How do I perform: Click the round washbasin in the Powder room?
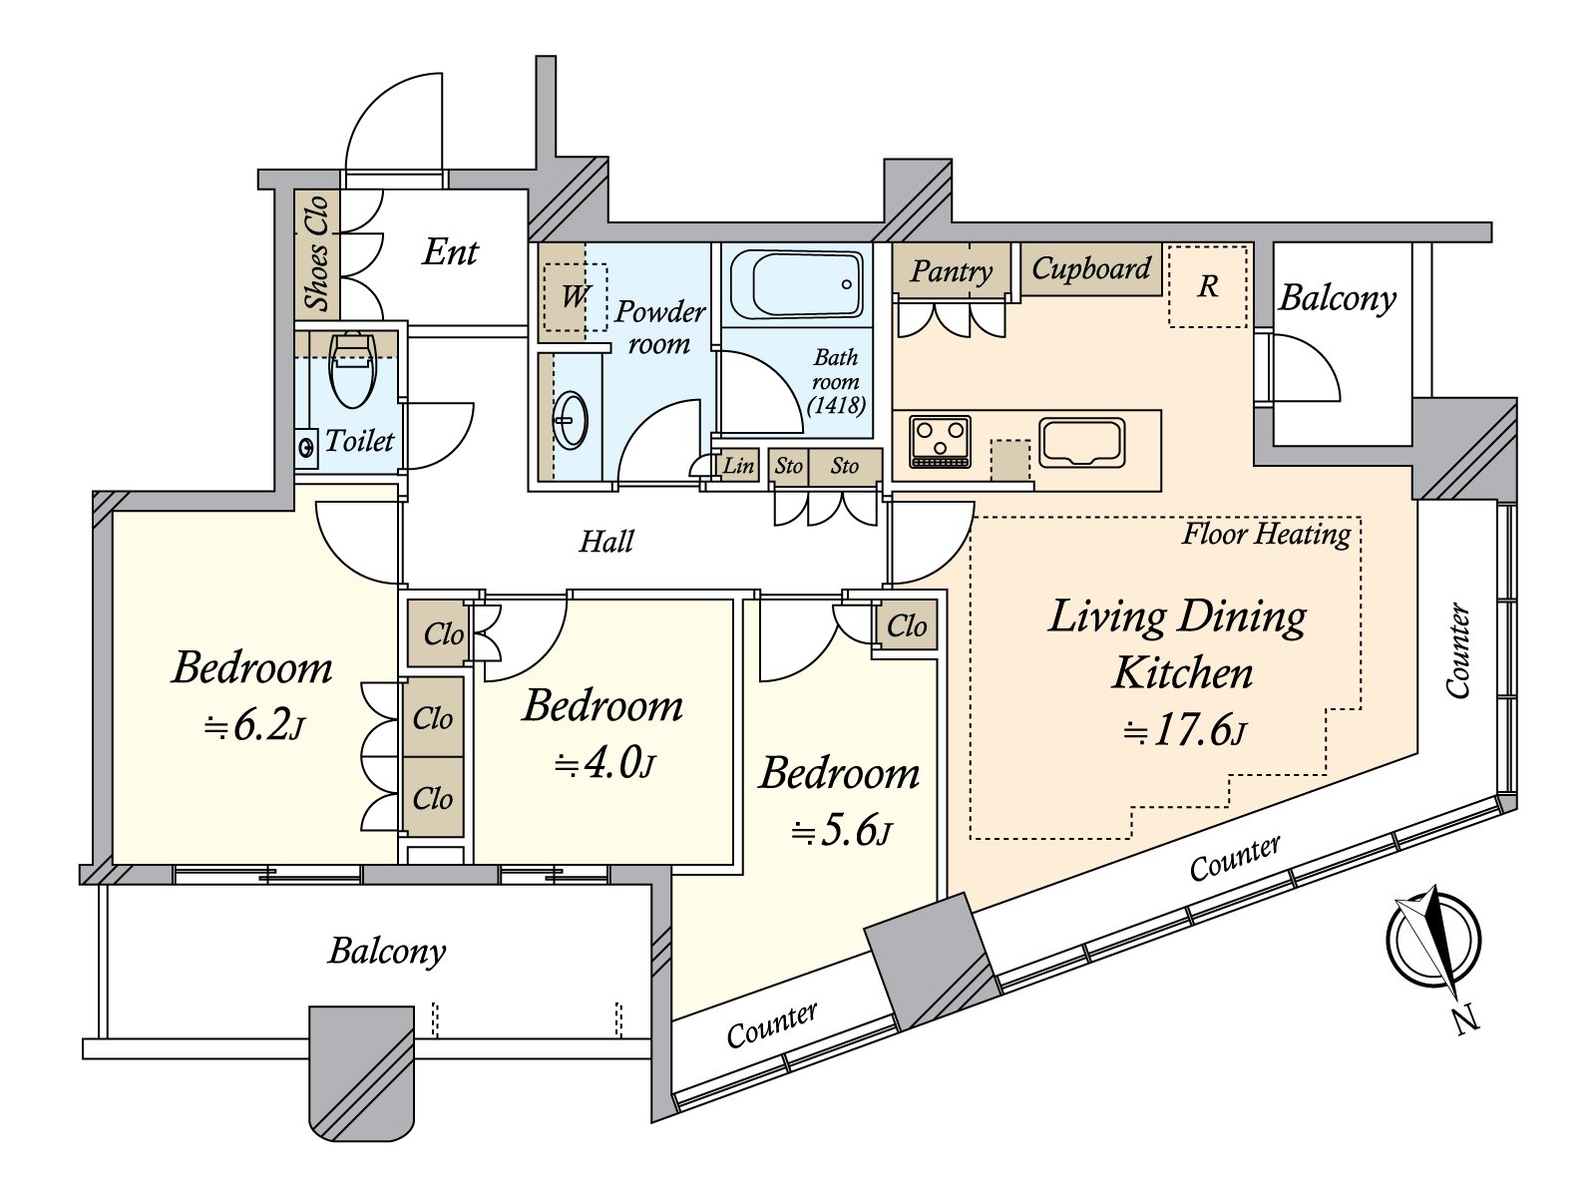(571, 420)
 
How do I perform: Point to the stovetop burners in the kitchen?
(940, 440)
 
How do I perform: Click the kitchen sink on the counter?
(1081, 442)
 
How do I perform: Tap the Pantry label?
(952, 271)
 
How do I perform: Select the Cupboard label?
(1091, 268)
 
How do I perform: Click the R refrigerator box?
(1208, 286)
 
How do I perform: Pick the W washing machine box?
(575, 296)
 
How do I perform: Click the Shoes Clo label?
(317, 253)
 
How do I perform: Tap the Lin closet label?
(738, 466)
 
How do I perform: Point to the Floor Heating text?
(1266, 535)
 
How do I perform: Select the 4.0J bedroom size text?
(604, 764)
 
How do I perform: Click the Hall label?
(606, 542)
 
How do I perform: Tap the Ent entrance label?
(450, 252)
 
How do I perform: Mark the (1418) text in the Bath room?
(836, 405)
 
